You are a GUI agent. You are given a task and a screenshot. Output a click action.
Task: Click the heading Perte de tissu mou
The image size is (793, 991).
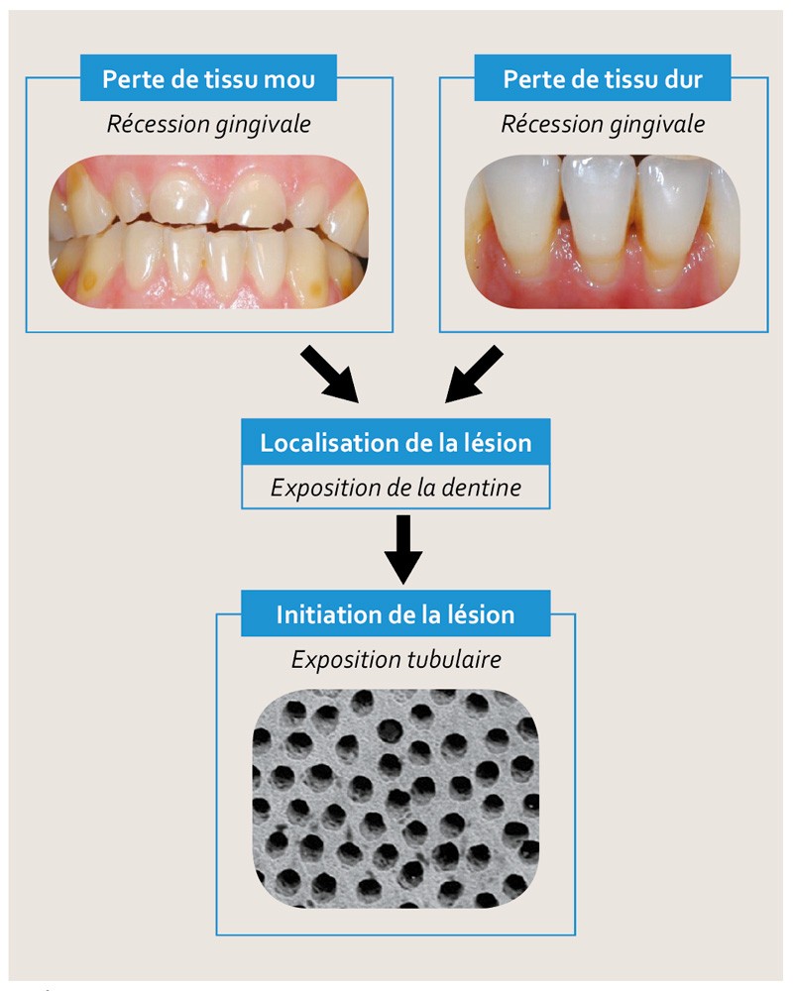pos(208,78)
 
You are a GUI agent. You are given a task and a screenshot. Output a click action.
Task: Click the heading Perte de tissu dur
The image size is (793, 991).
pos(603,78)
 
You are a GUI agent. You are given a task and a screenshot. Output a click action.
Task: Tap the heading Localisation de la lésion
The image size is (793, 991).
pos(396,442)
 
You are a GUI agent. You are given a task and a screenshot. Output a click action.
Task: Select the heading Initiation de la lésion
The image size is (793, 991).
pos(396,613)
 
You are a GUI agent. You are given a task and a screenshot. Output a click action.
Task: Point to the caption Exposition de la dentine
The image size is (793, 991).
pos(396,489)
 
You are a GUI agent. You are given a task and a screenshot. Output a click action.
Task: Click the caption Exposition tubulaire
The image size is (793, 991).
pos(396,660)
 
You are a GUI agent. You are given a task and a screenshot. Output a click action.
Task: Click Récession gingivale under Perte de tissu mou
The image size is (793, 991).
pos(208,125)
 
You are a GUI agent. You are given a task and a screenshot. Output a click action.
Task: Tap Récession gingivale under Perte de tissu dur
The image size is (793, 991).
pos(603,125)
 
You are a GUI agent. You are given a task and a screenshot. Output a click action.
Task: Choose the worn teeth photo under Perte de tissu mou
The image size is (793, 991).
pos(208,230)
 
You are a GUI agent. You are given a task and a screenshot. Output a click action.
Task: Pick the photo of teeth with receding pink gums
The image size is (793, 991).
pos(603,230)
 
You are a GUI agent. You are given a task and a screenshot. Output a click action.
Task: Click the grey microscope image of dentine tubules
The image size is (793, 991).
pos(396,797)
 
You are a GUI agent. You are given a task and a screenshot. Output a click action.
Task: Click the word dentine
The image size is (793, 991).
pos(486,489)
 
